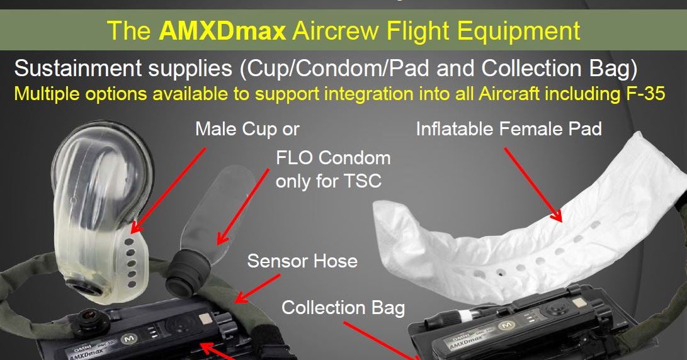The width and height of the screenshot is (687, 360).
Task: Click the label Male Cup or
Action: point(247,130)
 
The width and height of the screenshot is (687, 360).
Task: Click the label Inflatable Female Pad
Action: point(509,130)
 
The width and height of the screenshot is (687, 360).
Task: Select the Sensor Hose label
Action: point(302,261)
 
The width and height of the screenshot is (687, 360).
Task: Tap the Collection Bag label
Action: point(343,308)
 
